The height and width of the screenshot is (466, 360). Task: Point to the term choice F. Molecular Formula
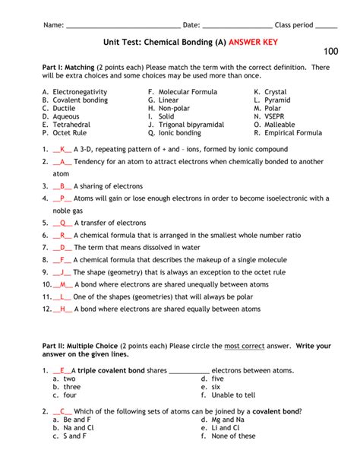coord(183,91)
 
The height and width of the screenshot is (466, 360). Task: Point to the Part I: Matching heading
coord(68,68)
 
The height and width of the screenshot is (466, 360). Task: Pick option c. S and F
coord(69,436)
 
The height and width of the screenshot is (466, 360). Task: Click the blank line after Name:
coord(122,25)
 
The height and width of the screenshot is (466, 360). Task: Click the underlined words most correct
coord(245,346)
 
